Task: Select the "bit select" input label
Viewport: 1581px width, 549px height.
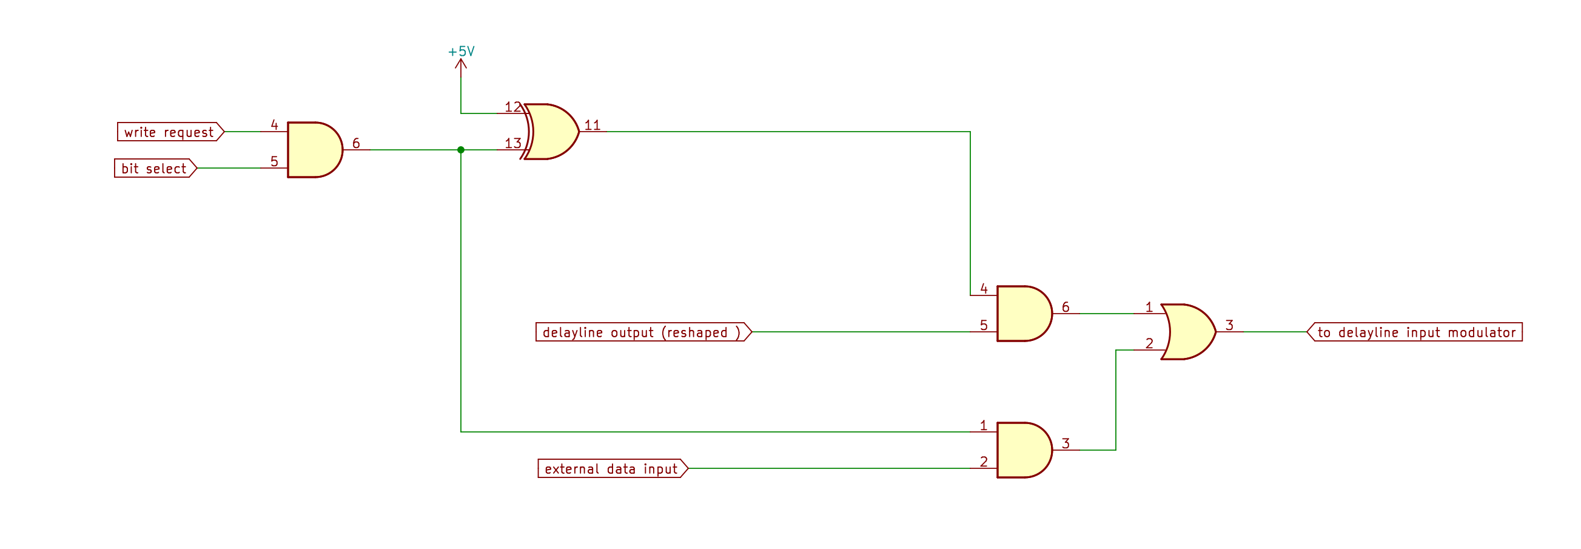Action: (x=155, y=168)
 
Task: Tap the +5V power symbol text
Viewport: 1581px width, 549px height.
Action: (x=461, y=52)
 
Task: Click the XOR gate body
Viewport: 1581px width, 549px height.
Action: (x=551, y=132)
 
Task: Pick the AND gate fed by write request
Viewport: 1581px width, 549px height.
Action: (x=313, y=150)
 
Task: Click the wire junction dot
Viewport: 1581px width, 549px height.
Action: (x=461, y=150)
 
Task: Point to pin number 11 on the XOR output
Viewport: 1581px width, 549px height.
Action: (x=592, y=126)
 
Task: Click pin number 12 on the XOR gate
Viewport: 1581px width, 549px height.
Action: (x=512, y=107)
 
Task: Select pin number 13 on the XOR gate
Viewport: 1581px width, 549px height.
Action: (x=512, y=143)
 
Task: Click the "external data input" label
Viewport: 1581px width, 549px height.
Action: (x=612, y=469)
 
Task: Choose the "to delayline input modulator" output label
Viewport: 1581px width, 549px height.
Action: (x=1415, y=332)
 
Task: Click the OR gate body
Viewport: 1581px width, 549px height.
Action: (x=1187, y=332)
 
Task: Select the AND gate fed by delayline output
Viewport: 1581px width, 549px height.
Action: (x=1022, y=314)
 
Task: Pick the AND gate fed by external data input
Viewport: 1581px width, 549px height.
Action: (x=1022, y=450)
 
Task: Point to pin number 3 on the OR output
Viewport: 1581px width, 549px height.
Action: (x=1229, y=326)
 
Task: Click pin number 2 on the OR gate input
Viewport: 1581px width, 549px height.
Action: (x=1150, y=343)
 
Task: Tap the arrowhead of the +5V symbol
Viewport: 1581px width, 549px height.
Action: (x=461, y=62)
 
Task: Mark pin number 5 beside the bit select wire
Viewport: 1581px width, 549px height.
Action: (x=274, y=161)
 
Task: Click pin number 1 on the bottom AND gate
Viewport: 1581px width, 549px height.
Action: (x=984, y=426)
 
